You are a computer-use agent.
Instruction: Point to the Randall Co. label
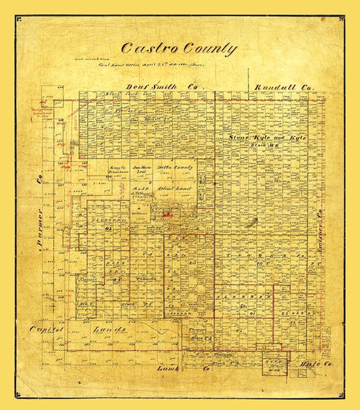click(x=284, y=88)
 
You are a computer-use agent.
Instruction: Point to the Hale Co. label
click(x=317, y=365)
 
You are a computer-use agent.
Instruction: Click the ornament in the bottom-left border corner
click(x=17, y=393)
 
